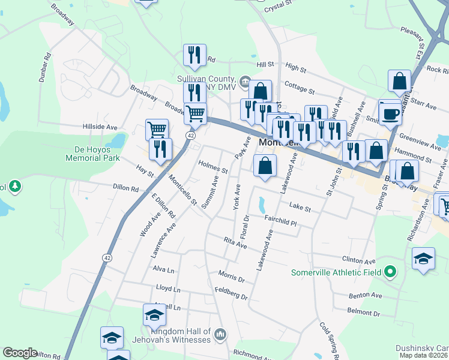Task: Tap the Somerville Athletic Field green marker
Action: coord(390,272)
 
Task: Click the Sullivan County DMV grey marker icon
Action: coord(245,81)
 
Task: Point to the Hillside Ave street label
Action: coord(100,127)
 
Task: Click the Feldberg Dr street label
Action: coord(231,293)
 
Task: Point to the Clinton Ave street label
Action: coord(362,261)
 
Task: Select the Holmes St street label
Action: coord(213,169)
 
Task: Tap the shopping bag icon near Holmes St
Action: coord(265,165)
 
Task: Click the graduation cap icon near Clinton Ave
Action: coord(423,259)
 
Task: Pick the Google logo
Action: coord(20,353)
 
